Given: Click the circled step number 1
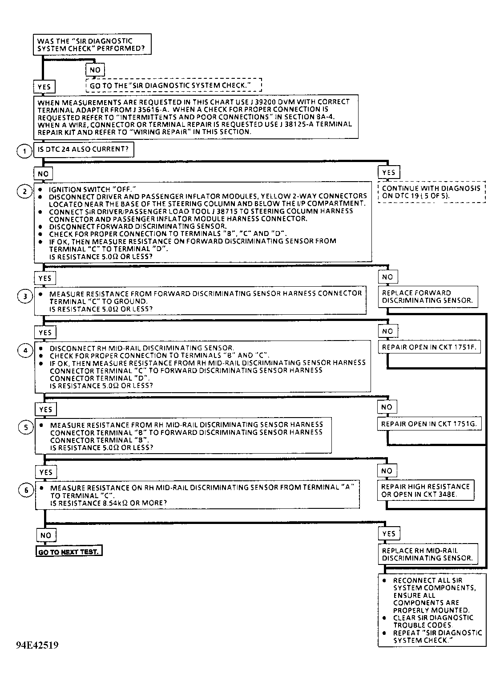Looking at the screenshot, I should (24, 151).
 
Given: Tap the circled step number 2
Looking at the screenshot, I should (24, 191).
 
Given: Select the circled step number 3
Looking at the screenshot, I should (24, 296).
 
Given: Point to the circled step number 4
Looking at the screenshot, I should (25, 350).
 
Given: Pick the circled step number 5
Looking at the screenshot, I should (25, 427).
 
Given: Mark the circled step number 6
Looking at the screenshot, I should (26, 490).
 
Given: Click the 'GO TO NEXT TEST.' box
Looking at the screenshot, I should (69, 552).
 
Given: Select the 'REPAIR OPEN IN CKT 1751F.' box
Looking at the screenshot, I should (429, 347).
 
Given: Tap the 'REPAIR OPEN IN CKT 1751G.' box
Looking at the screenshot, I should (429, 424).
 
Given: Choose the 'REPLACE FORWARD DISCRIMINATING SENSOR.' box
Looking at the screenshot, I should (427, 296).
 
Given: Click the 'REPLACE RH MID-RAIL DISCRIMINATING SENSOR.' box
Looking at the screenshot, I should (427, 554).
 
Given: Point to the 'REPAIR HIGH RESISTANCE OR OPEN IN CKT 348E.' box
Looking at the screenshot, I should (425, 490).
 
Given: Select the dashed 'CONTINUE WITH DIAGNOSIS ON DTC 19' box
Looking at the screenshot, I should (431, 192).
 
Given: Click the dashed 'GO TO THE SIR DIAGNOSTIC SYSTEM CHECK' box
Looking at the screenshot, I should (173, 85).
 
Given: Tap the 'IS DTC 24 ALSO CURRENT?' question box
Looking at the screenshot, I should (83, 150).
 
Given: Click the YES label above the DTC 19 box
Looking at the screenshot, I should (388, 172).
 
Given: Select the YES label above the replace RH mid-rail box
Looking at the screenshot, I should (388, 533).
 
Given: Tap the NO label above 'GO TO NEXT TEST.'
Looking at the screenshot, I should (46, 535).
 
